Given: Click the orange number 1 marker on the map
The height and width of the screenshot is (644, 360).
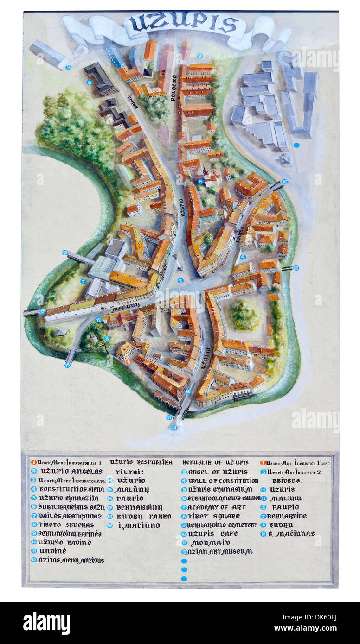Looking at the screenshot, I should click(129, 361).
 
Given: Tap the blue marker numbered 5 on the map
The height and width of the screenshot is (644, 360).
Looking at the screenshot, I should click(90, 82).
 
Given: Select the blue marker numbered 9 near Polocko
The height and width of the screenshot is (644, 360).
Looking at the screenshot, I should click(199, 56).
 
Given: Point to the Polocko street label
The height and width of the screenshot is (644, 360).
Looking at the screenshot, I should click(174, 88).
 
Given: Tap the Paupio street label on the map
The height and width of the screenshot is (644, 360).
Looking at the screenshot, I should click(240, 234).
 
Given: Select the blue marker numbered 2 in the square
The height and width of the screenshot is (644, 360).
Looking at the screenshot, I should click(180, 280).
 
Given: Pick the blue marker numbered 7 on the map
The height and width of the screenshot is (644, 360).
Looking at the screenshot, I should click(84, 281).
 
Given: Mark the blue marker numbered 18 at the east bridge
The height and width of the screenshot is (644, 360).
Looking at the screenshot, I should click(296, 268).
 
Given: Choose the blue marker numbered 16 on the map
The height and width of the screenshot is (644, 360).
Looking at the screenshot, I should click(285, 182).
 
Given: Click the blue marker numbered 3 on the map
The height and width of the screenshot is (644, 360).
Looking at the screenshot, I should click(68, 67).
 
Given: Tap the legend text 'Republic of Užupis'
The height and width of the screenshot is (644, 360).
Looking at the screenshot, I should click(215, 462).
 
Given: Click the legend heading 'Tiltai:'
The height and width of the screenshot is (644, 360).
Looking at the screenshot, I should click(120, 471).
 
